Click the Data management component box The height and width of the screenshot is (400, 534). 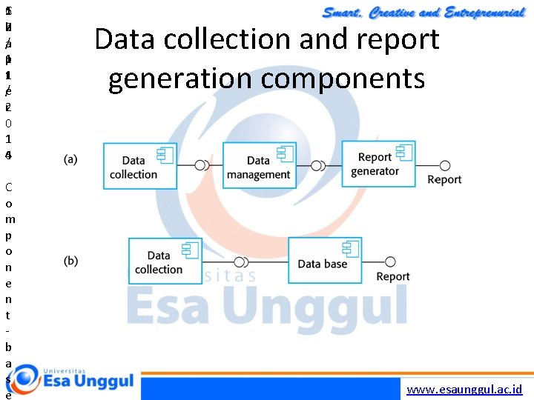259,166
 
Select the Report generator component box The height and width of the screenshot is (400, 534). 378,164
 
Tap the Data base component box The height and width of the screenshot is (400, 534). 325,260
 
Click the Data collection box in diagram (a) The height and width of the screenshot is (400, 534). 139,166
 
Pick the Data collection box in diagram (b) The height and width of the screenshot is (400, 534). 165,260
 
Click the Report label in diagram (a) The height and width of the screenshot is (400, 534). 444,180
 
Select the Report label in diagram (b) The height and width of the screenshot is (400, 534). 393,276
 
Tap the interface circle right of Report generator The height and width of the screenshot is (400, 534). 445,164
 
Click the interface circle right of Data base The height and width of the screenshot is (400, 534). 390,261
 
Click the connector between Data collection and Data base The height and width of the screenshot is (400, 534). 241,261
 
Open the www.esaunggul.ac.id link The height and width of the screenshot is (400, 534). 465,389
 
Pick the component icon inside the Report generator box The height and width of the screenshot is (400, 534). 404,153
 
